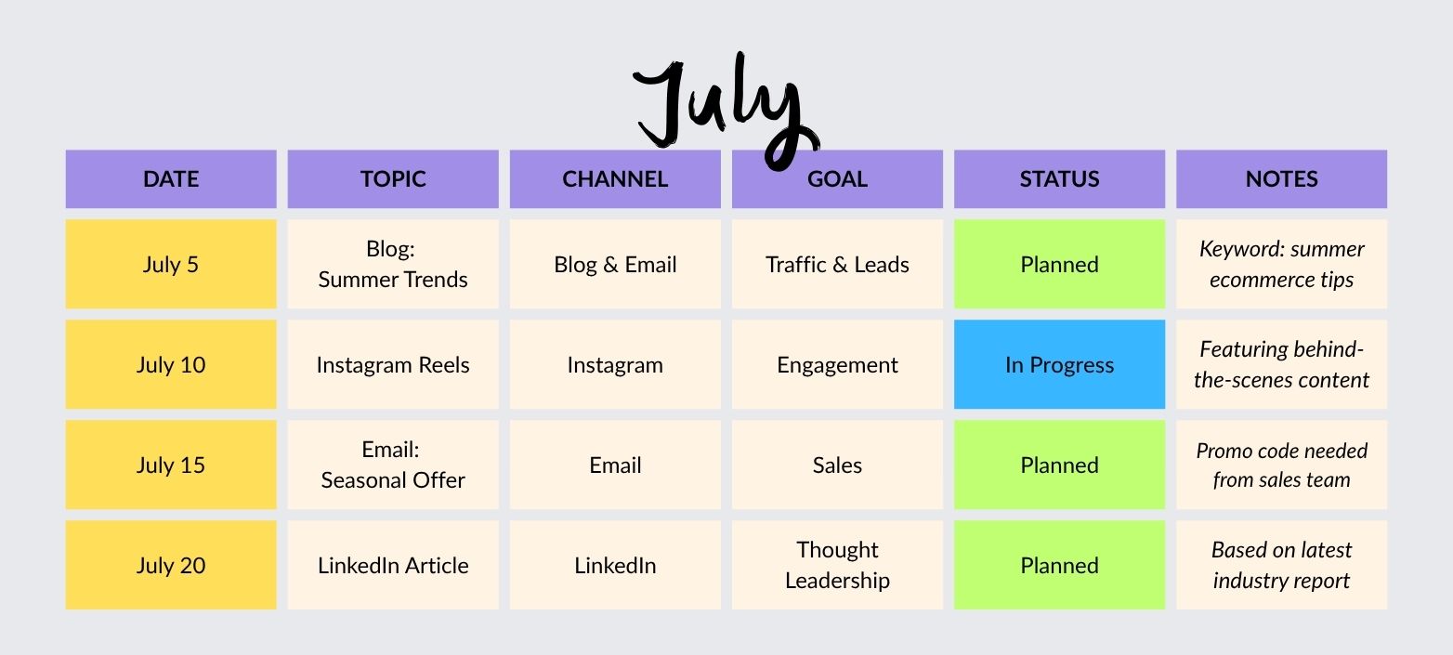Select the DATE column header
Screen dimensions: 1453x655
[x=171, y=179]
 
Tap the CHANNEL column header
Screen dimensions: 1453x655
[x=615, y=179]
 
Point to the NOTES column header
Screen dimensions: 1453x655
[x=1281, y=179]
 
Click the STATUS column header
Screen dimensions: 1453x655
[x=1059, y=179]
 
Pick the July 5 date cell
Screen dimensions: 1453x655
[x=171, y=264]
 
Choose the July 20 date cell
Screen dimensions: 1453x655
[x=171, y=565]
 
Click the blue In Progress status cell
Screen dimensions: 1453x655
[x=1059, y=364]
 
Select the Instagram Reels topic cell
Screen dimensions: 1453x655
[x=393, y=364]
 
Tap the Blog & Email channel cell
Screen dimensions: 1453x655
[x=615, y=264]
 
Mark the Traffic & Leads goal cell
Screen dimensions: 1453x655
[x=837, y=264]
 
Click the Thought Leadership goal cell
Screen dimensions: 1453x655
[x=837, y=565]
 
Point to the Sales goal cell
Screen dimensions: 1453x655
[x=837, y=465]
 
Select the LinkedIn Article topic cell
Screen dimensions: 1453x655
[x=393, y=565]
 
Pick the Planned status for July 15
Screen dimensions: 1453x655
[x=1059, y=465]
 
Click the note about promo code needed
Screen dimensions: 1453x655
[x=1281, y=465]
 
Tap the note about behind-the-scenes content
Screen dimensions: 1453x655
[x=1281, y=364]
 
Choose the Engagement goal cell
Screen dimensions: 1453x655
[x=837, y=364]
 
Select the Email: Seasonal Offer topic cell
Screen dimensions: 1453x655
[x=393, y=465]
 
